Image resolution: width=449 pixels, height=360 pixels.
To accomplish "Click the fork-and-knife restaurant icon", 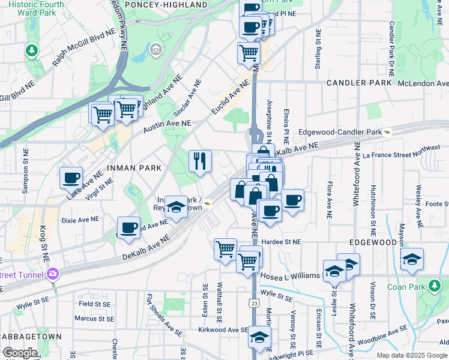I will tap(200, 160).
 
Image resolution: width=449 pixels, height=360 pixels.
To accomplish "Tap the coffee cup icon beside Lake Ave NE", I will tap(71, 178).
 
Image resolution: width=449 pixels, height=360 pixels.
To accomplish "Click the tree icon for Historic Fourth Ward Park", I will tap(31, 50).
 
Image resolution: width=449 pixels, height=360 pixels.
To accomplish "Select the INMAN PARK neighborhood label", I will tap(134, 168).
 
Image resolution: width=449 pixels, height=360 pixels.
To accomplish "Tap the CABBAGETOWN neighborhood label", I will tap(28, 337).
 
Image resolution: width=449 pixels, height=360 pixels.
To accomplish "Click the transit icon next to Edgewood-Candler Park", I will tap(388, 132).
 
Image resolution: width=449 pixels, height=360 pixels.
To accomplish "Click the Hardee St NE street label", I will tap(281, 242).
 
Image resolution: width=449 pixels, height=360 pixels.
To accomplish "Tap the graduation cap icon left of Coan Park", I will tap(412, 259).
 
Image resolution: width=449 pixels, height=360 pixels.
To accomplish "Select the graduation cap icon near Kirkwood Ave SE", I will tap(259, 337).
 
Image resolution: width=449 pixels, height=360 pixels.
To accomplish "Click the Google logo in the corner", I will tap(20, 353).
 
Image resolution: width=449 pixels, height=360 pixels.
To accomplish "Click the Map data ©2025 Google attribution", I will tap(411, 355).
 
